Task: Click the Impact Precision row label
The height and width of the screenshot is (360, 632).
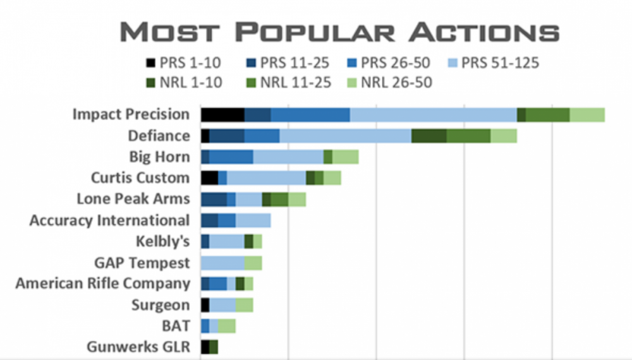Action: pos(131,114)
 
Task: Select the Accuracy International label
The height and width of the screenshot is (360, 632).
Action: pos(109,220)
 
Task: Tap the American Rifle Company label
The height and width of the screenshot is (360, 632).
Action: pos(102,284)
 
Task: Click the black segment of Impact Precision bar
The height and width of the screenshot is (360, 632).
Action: pos(222,114)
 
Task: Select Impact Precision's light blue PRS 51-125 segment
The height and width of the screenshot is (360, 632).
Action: pos(433,114)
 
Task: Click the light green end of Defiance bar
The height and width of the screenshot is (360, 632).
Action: pos(504,136)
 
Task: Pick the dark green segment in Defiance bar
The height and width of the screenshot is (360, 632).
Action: pos(429,136)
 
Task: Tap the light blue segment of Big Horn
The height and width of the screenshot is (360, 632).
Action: pos(288,157)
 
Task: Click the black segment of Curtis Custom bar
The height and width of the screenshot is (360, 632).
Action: pos(209,177)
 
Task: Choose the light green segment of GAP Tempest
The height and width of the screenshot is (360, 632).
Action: pos(253,262)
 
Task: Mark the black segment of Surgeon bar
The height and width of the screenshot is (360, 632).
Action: pos(205,304)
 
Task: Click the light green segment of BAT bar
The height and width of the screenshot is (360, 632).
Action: pos(227,326)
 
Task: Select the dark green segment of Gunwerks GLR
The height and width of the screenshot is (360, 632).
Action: pos(214,347)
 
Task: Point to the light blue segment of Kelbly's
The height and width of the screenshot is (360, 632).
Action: pos(227,241)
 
